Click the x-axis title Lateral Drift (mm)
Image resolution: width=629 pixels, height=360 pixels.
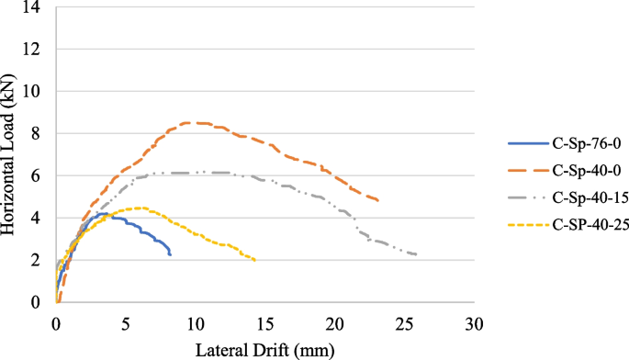(264, 350)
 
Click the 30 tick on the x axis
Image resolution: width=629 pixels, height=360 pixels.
(474, 323)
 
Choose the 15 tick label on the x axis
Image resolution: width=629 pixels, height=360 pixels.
(264, 323)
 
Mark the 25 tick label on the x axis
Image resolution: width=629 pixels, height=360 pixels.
(404, 323)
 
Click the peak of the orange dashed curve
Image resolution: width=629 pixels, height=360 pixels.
(194, 122)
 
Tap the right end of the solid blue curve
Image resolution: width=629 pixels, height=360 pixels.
(170, 255)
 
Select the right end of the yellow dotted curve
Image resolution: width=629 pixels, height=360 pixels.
(255, 261)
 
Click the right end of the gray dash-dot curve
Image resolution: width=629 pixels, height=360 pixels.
(417, 254)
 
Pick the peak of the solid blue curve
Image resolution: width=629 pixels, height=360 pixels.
(105, 214)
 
